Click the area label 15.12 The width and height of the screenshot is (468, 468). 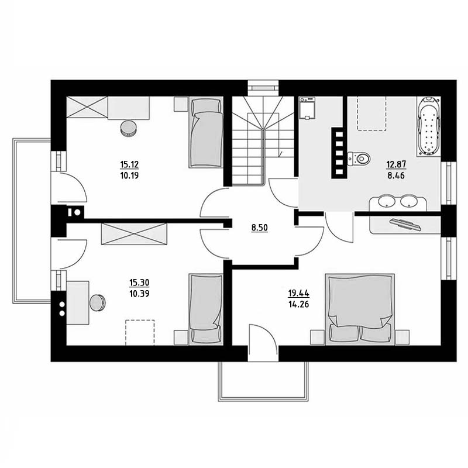[x=129, y=164]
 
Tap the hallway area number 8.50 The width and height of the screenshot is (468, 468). [x=260, y=228]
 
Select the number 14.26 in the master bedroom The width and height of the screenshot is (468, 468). [x=298, y=304]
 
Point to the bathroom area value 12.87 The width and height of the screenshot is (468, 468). [x=397, y=164]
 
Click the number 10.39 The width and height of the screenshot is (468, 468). [x=139, y=294]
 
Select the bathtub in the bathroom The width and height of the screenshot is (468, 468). [x=429, y=126]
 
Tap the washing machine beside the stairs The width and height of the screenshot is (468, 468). [x=307, y=108]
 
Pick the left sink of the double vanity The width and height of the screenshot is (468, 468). [x=387, y=201]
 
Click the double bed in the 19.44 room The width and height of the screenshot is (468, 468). [x=360, y=309]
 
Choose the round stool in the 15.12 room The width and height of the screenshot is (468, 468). [x=129, y=128]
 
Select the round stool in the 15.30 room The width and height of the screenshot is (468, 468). [x=98, y=302]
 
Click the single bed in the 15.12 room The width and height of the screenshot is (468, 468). [x=206, y=132]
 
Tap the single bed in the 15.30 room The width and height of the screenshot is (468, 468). [x=206, y=309]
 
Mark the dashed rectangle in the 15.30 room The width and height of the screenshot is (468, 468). [x=140, y=332]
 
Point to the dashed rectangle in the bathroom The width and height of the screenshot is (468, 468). [x=372, y=113]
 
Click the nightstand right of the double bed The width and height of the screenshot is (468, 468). [x=402, y=338]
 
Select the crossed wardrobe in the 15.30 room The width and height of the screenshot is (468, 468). [x=134, y=233]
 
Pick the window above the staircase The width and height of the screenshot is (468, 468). [x=263, y=88]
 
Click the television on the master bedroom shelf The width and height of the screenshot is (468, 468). [x=405, y=224]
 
